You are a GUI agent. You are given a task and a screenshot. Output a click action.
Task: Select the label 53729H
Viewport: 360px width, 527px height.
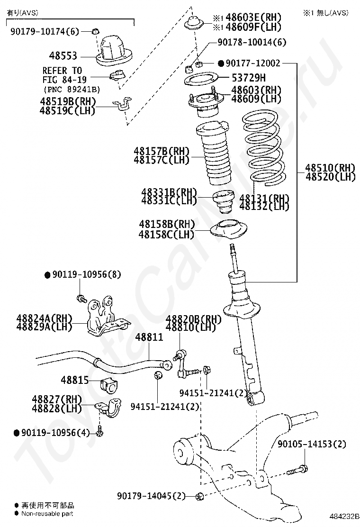coord(248,78)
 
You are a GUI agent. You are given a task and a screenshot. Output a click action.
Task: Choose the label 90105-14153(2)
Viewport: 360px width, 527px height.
coord(312,444)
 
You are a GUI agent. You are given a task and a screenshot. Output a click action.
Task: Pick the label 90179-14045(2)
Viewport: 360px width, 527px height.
coord(151,496)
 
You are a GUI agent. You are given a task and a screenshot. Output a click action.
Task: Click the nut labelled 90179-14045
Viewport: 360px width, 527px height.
coord(199,497)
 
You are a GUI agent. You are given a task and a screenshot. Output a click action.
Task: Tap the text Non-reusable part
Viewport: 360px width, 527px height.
coord(47,513)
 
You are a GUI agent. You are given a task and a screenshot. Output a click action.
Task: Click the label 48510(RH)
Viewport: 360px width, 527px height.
coord(330,168)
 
